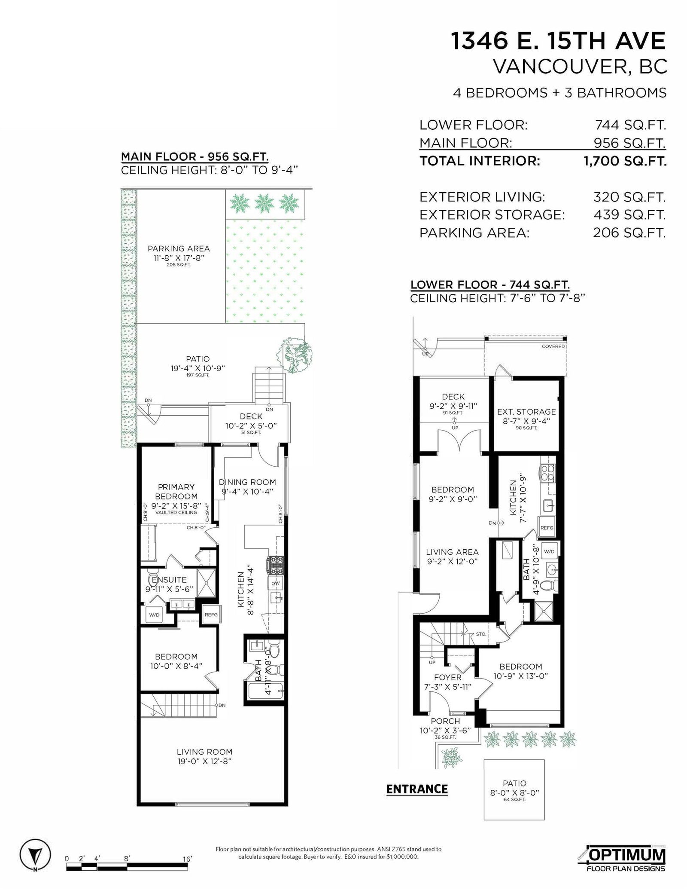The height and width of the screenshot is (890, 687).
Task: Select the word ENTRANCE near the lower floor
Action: point(417,789)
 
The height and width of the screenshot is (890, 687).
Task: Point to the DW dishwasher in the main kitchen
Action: point(275,583)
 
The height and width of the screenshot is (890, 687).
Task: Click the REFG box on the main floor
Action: point(211,615)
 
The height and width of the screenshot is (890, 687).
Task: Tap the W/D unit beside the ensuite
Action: point(154,615)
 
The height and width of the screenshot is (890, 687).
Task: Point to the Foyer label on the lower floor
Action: point(448,677)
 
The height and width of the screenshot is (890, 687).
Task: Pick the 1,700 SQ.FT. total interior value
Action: point(625,161)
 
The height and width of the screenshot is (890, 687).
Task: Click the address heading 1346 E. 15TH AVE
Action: point(558,41)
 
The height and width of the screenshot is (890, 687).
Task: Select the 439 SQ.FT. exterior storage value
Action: point(629,214)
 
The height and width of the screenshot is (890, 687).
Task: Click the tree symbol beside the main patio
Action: point(295,355)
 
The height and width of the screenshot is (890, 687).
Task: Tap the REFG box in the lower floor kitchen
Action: point(547,527)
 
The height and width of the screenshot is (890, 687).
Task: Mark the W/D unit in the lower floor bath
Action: point(549,551)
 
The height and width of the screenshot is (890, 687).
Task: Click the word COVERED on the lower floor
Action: point(553,346)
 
